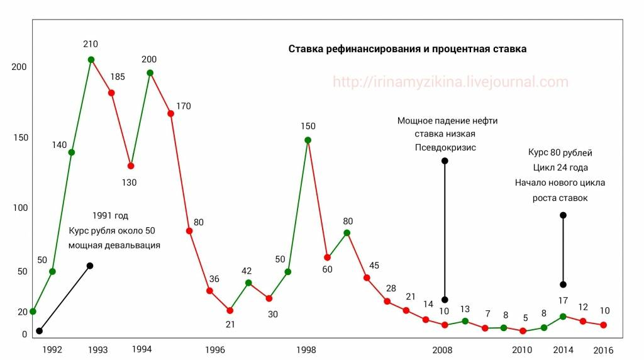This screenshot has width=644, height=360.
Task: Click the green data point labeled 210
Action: coord(91,60)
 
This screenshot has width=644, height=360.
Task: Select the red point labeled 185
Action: coord(111,93)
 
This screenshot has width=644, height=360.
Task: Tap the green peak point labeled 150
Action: coord(308,140)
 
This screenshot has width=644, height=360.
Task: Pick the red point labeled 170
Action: coord(170,113)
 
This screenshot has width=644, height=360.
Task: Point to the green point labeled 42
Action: coord(248,283)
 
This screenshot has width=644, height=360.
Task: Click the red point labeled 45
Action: coord(367,278)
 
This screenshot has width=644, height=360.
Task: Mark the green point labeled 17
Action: coord(563,317)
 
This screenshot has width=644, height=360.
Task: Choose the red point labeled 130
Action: coord(131,166)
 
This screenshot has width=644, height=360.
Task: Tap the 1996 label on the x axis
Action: coord(215,350)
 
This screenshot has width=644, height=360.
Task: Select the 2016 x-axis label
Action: coord(603,350)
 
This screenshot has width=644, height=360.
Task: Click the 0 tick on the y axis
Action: coord(25,334)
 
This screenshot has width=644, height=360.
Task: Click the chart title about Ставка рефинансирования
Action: coord(407,48)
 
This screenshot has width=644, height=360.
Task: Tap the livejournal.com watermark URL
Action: coord(450,82)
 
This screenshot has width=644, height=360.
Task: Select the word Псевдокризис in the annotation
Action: coord(445,147)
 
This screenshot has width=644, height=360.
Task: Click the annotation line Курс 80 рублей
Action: coord(560,152)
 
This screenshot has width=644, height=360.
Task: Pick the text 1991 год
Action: coord(110,215)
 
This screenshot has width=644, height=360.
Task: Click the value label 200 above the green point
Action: coord(149,59)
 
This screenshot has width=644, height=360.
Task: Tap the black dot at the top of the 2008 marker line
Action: coord(445,161)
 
